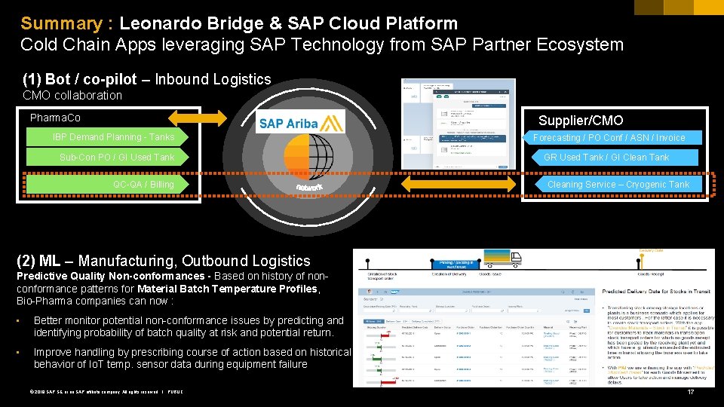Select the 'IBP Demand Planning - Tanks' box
point(113,137)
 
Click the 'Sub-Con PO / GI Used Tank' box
point(117,157)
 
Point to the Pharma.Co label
point(55,118)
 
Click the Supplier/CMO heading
point(580,121)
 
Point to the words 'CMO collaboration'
point(72,95)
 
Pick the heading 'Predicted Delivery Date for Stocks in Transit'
point(654,291)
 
